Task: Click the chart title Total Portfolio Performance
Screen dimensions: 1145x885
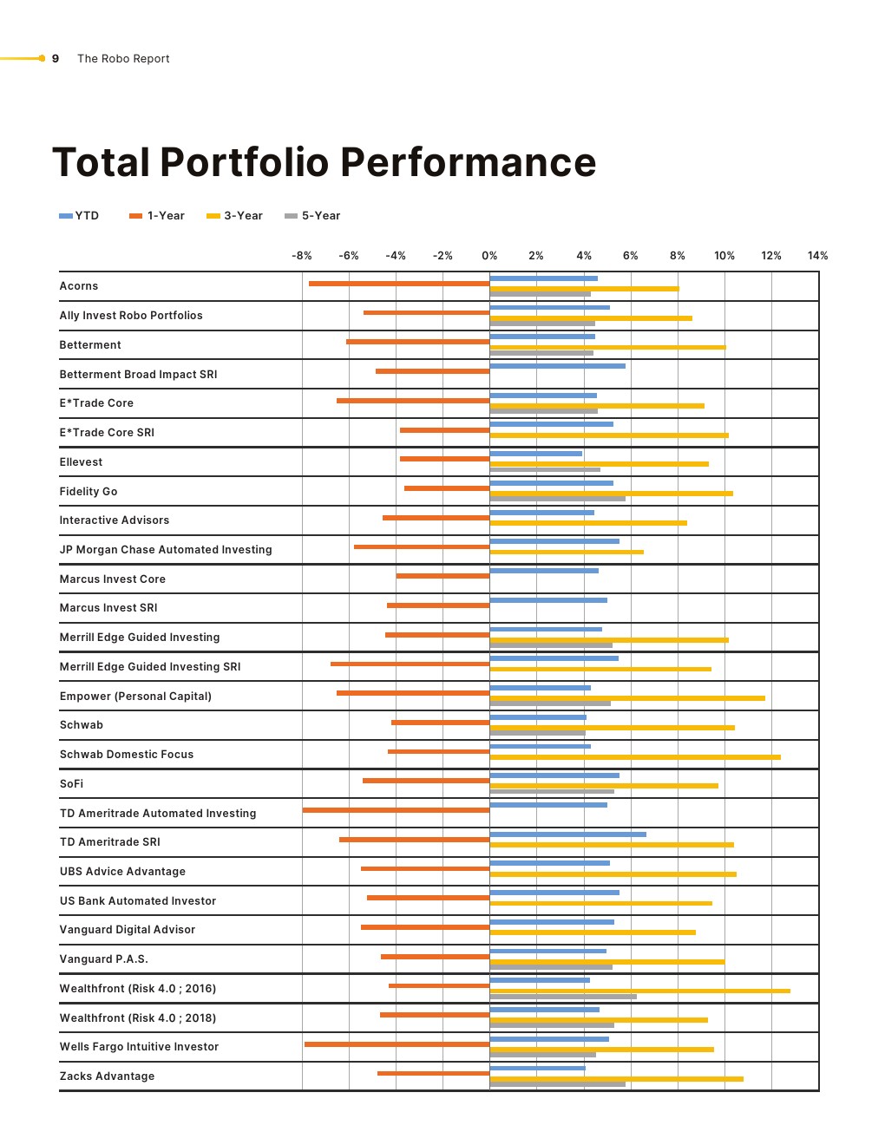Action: coord(324,162)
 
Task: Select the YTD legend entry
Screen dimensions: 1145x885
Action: coord(79,216)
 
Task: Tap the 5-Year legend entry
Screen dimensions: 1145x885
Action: coord(313,216)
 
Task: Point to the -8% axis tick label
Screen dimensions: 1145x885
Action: coord(301,256)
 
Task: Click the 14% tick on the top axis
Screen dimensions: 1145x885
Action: coord(817,256)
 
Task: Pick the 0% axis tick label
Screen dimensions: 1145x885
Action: coord(489,256)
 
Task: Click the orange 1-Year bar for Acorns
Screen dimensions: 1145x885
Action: coord(399,284)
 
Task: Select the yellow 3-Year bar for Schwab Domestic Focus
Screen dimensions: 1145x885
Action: coord(635,757)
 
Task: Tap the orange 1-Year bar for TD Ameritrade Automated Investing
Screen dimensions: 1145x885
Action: coord(396,810)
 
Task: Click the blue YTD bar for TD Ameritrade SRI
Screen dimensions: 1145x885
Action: coord(567,834)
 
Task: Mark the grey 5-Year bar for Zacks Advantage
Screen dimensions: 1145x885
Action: coord(557,1084)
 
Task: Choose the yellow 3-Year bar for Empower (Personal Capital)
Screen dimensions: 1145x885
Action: coord(627,698)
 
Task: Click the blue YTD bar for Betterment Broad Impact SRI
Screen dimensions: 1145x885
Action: coord(557,366)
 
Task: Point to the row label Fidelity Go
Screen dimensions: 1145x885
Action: coord(88,492)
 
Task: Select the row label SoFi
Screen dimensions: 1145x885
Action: coord(72,784)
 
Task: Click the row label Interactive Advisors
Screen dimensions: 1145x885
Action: coord(115,520)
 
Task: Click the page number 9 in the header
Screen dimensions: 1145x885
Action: coord(56,59)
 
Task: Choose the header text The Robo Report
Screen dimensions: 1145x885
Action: coord(123,59)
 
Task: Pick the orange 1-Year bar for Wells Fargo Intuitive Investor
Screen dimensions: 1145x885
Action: coord(397,1044)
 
